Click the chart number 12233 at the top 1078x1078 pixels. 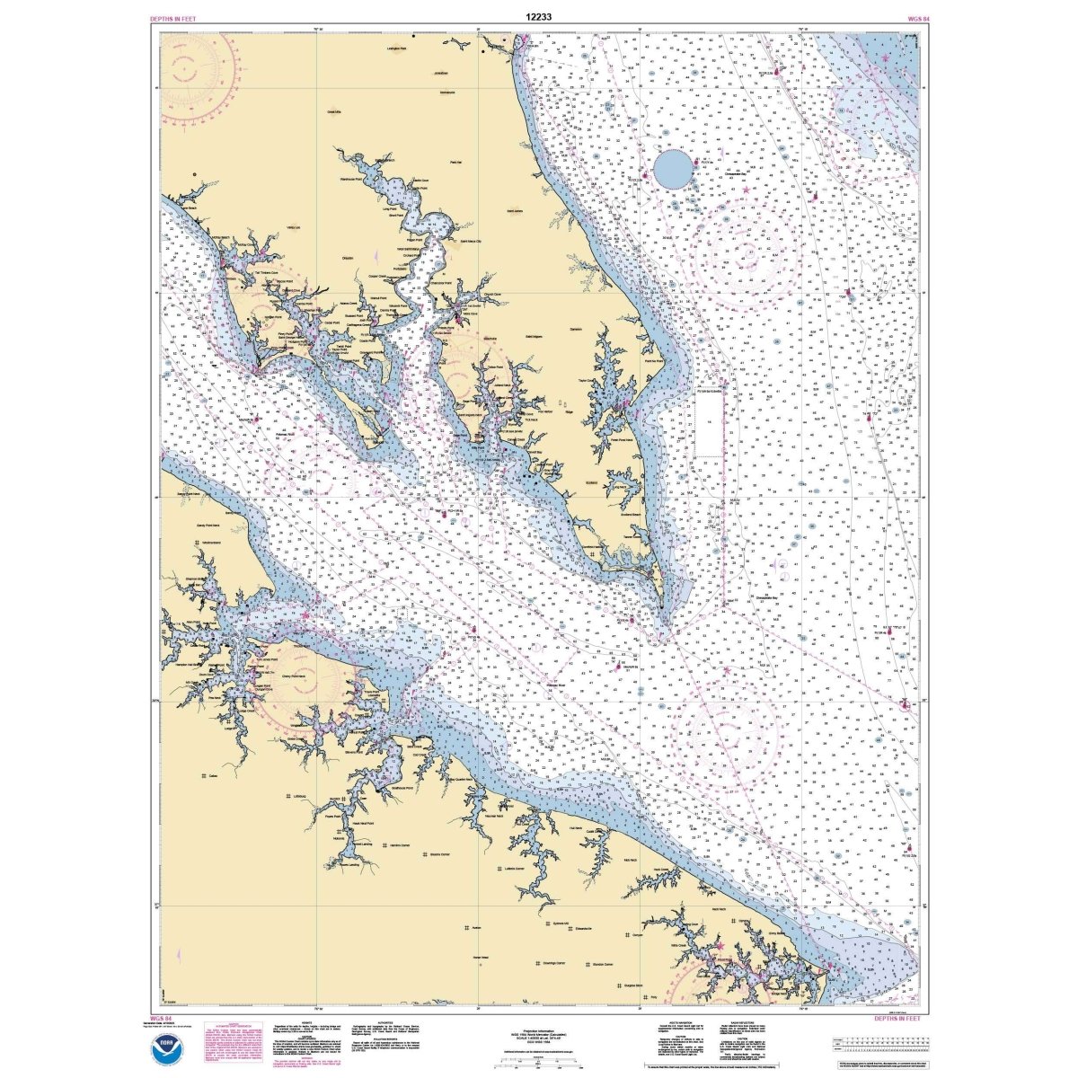click(x=538, y=15)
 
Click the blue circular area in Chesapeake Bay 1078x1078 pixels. click(x=673, y=169)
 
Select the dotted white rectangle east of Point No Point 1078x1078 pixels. click(x=710, y=425)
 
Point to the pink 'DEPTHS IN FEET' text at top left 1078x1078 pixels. click(x=175, y=18)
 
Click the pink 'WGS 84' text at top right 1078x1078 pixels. click(x=907, y=18)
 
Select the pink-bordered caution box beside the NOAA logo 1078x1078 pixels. click(x=235, y=1042)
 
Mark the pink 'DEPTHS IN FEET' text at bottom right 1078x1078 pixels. click(x=897, y=1019)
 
